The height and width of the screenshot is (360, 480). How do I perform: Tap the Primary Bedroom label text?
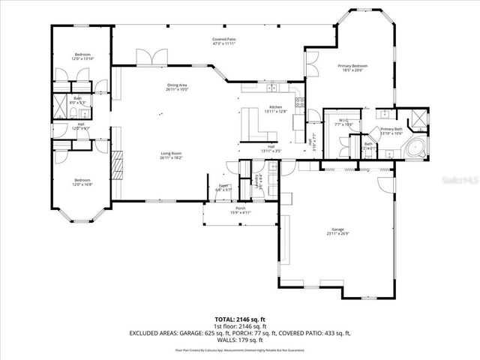click(352, 67)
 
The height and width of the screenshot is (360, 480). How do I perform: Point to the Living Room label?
click(171, 154)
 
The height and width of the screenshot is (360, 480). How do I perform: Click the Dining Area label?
click(177, 85)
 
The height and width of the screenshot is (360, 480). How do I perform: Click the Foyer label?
click(223, 186)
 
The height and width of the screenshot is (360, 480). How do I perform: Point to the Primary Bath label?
click(391, 129)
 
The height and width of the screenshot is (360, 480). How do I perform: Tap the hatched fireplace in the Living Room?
click(116, 165)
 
